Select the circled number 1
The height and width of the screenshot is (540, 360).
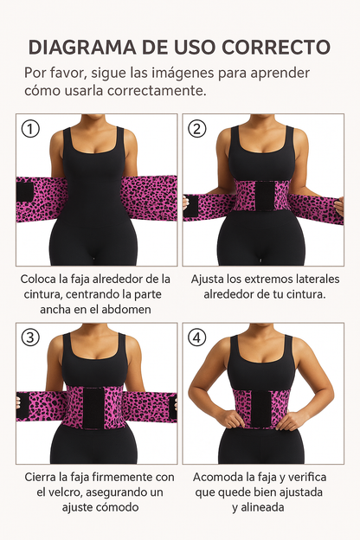pyautogui.click(x=31, y=129)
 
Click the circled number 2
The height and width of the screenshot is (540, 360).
pyautogui.click(x=197, y=129)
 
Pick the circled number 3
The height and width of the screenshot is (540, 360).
pyautogui.click(x=31, y=337)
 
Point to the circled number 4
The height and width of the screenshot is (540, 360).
pyautogui.click(x=197, y=337)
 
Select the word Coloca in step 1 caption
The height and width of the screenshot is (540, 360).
pyautogui.click(x=41, y=279)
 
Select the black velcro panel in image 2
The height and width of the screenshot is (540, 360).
pyautogui.click(x=257, y=196)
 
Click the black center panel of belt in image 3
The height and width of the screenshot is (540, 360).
pyautogui.click(x=92, y=407)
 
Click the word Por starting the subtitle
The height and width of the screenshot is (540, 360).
pyautogui.click(x=37, y=73)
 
